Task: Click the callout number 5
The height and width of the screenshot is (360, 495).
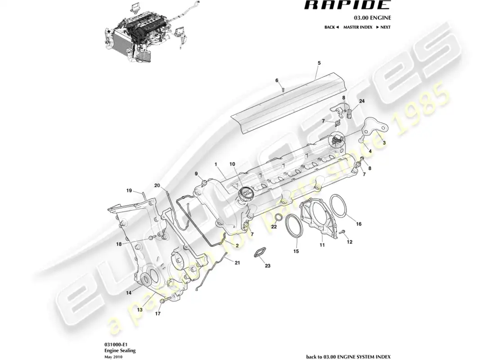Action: point(319,63)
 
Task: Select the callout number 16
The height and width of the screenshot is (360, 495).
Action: point(359,224)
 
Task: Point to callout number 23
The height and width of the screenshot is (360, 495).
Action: point(267,266)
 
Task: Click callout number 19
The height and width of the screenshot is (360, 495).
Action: point(129,191)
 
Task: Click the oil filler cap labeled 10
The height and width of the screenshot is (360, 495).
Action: point(243,197)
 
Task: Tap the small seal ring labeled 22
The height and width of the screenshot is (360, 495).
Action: point(279,218)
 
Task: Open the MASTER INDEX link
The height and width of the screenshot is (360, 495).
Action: point(358,27)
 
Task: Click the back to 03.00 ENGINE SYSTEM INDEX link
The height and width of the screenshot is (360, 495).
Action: point(348,356)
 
